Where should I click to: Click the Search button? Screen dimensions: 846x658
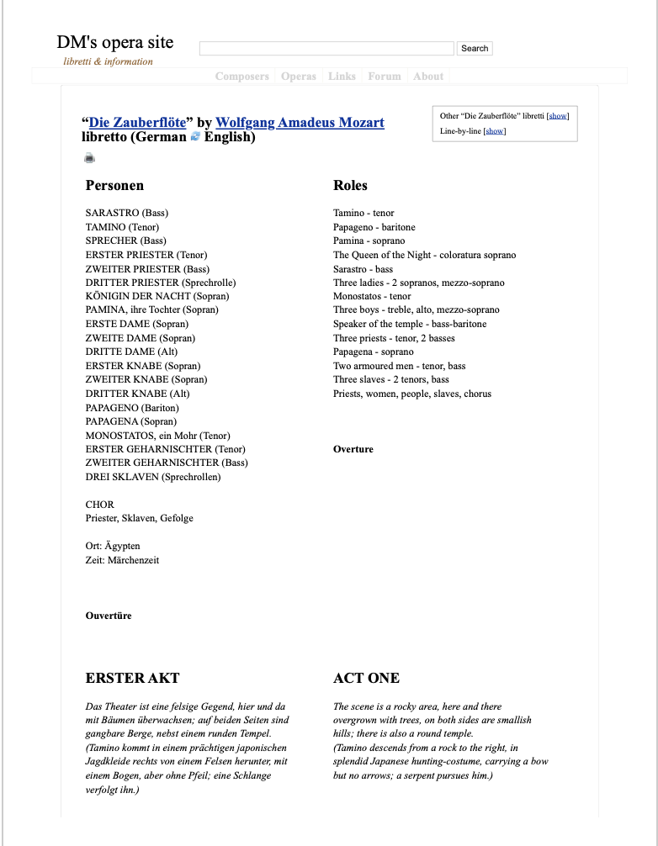coord(475,49)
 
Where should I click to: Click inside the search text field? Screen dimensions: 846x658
coord(326,49)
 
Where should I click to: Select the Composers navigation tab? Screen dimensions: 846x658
coord(242,77)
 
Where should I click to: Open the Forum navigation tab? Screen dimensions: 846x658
coord(385,77)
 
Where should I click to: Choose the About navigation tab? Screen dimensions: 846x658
coord(428,77)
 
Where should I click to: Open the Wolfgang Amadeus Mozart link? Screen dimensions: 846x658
coord(300,123)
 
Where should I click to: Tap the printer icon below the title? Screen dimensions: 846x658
coord(90,157)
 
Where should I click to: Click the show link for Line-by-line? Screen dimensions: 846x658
coord(495,131)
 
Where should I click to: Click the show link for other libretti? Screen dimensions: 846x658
coord(559,116)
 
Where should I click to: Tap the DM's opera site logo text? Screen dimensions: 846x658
coord(115,43)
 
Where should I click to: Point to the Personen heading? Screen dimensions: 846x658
coord(114,186)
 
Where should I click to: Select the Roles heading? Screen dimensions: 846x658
coord(350,186)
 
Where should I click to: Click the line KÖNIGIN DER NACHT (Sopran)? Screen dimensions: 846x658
coord(157,296)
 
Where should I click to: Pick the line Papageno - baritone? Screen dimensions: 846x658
coord(374,227)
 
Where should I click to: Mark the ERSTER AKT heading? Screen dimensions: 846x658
coord(132,678)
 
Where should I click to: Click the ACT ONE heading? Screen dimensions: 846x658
coord(366,678)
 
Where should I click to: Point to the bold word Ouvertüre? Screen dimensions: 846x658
coord(109,616)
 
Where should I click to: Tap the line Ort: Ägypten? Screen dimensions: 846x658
coord(113,546)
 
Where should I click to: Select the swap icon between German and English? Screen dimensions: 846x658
coord(195,137)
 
